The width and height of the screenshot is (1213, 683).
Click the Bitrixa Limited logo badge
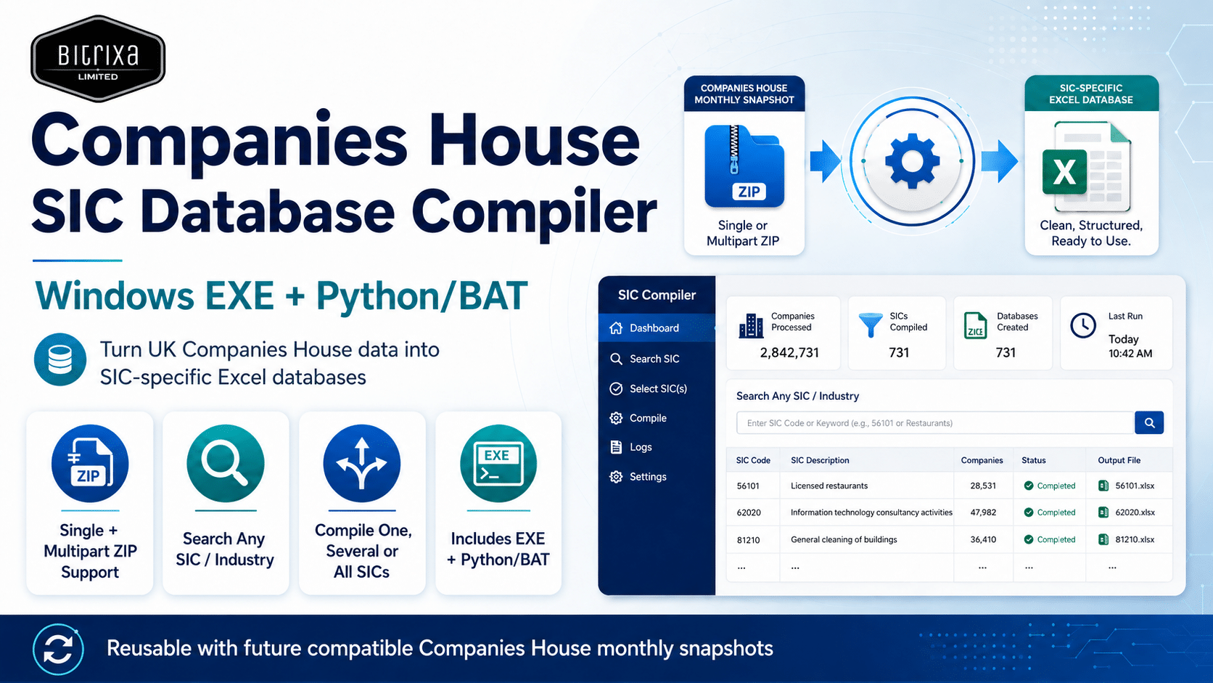[98, 59]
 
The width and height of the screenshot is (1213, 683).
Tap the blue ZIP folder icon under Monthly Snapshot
[744, 166]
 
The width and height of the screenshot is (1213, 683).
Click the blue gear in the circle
[912, 161]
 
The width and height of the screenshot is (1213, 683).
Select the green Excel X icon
[1064, 172]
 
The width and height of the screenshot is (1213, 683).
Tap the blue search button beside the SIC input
[1149, 422]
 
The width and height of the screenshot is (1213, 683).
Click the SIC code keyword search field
[935, 422]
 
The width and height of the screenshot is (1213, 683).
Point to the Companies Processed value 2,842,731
[789, 353]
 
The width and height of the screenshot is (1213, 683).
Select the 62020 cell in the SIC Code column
[749, 512]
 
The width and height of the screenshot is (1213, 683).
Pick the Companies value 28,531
[983, 486]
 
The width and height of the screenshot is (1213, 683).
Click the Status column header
[1033, 460]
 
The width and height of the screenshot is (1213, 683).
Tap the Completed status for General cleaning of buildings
[1050, 539]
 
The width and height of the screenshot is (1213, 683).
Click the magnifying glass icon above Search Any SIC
[226, 463]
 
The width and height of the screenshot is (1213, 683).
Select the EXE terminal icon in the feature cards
[498, 463]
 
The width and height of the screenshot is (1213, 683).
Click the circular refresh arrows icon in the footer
[58, 649]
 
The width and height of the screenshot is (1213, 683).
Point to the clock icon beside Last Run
[1083, 325]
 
